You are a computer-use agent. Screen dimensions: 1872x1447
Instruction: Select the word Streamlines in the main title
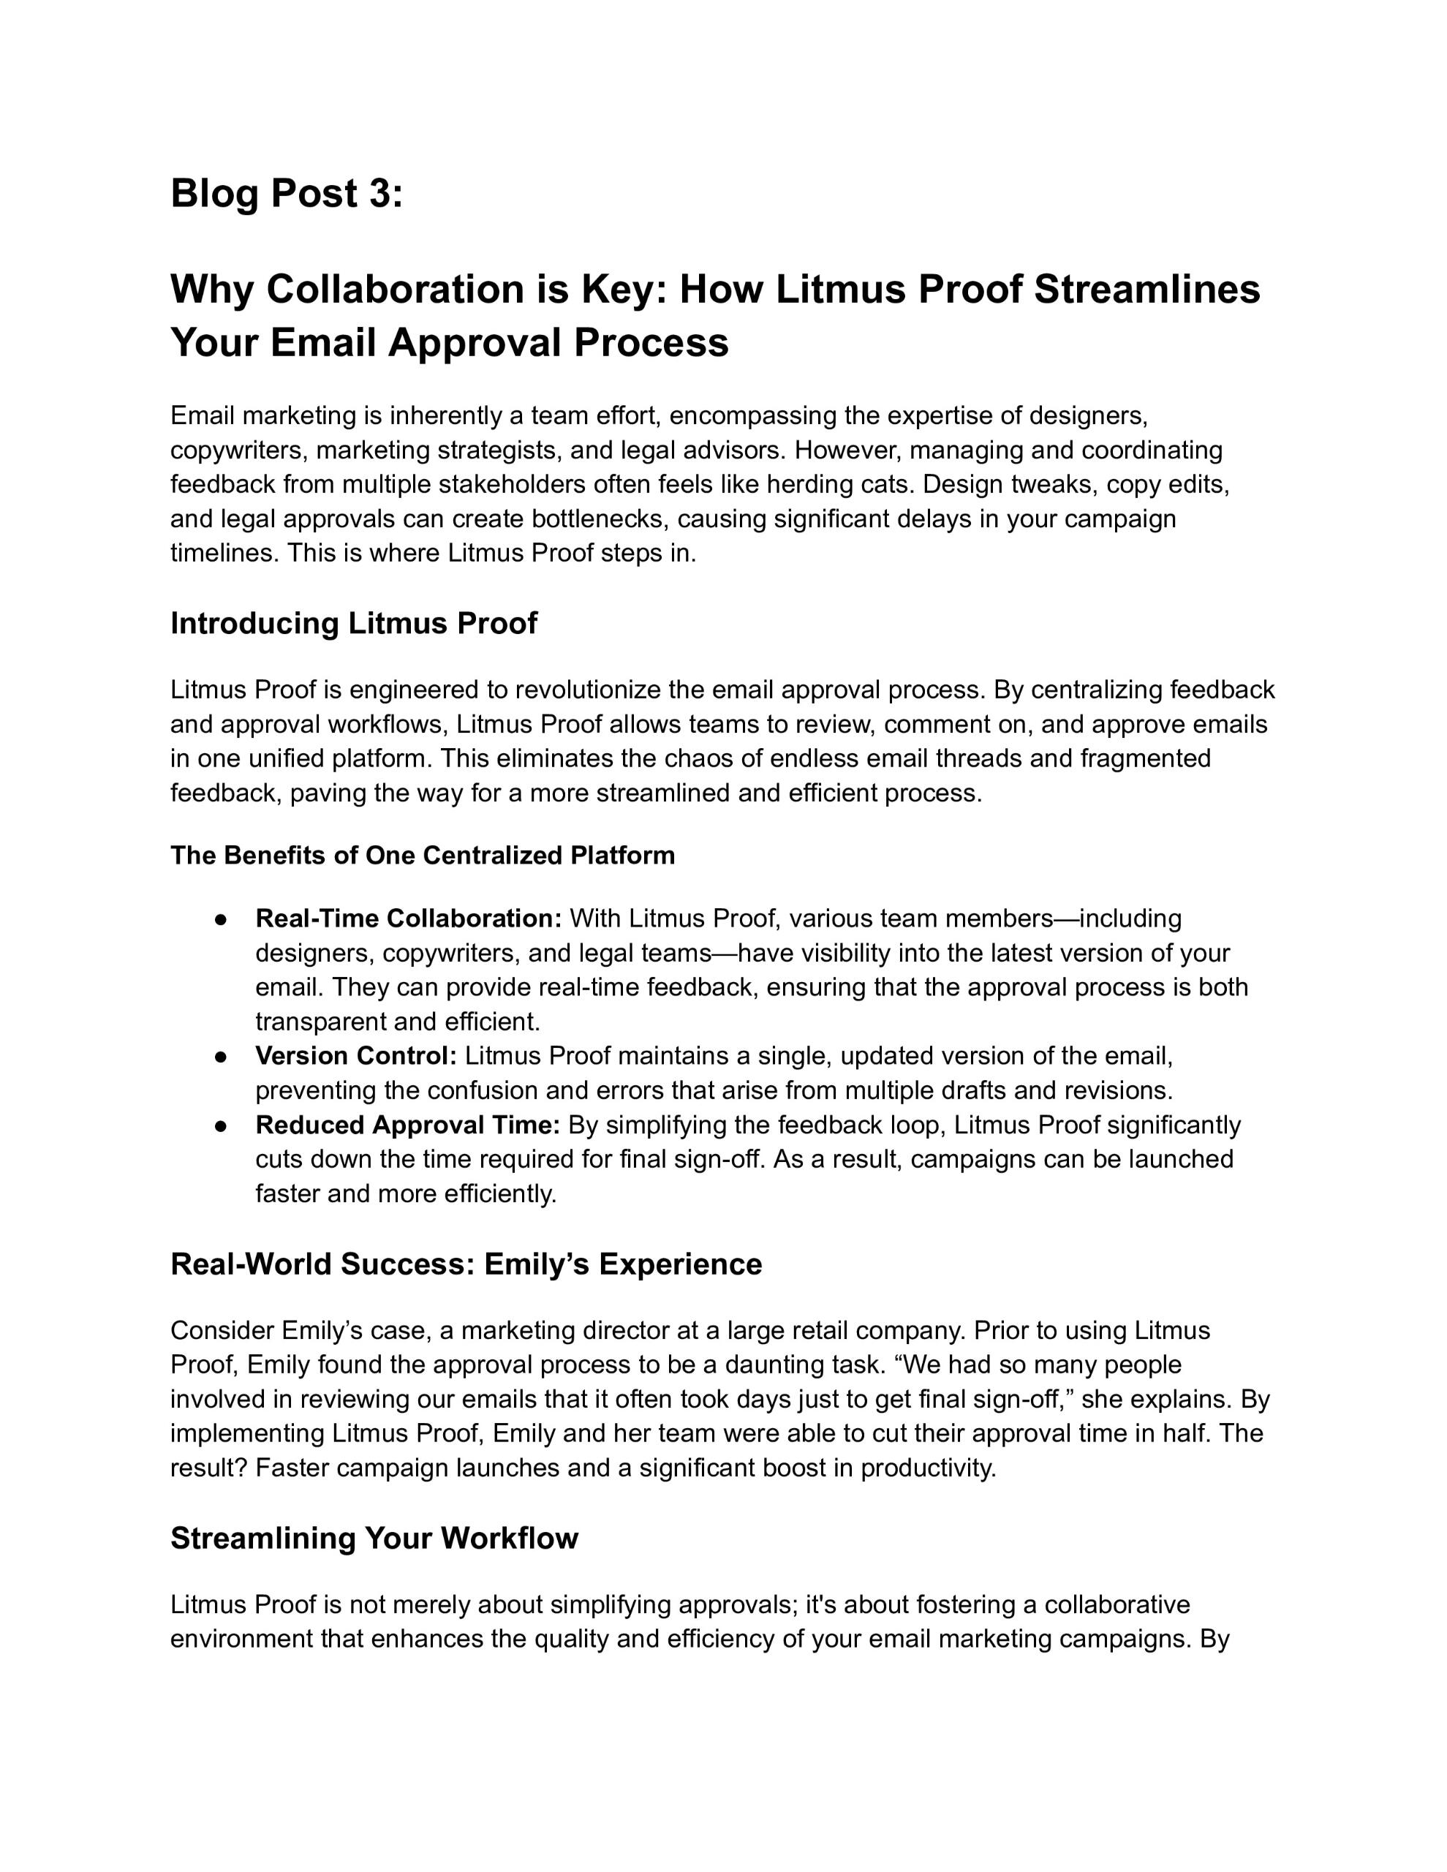coord(1147,290)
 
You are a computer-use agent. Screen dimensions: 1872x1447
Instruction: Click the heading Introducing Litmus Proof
coord(353,623)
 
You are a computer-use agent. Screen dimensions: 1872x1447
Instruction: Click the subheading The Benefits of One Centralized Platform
coord(423,856)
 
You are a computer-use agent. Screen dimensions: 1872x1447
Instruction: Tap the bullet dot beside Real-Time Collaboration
coord(220,919)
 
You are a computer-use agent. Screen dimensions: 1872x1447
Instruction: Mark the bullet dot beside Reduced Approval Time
coord(220,1125)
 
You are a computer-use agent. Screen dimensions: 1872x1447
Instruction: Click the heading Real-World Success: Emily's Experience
coord(466,1264)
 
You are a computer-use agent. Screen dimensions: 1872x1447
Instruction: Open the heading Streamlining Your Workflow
coord(374,1539)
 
